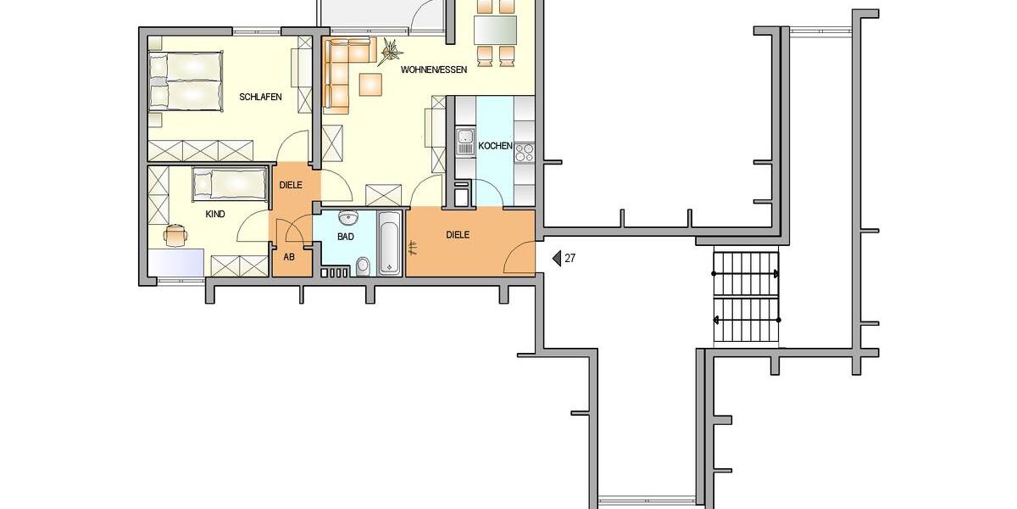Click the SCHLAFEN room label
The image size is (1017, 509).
pyautogui.click(x=260, y=98)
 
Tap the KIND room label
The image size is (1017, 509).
pyautogui.click(x=215, y=215)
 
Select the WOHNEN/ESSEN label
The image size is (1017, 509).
pyautogui.click(x=435, y=70)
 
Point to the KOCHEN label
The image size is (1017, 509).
pyautogui.click(x=495, y=146)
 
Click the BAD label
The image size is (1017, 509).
pyautogui.click(x=345, y=237)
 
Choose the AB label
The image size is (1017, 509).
pyautogui.click(x=289, y=257)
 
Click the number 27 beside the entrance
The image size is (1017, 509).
pyautogui.click(x=570, y=259)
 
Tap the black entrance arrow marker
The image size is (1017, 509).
pyautogui.click(x=557, y=259)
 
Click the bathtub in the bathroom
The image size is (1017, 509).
pyautogui.click(x=389, y=242)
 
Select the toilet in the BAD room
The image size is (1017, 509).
pyautogui.click(x=363, y=266)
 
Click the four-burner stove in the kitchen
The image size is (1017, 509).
pyautogui.click(x=524, y=153)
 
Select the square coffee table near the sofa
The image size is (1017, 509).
pyautogui.click(x=370, y=84)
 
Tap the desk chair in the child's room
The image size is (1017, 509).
pyautogui.click(x=175, y=232)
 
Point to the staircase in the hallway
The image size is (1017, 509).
pyautogui.click(x=746, y=297)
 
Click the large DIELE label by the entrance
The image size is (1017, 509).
pyautogui.click(x=457, y=235)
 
